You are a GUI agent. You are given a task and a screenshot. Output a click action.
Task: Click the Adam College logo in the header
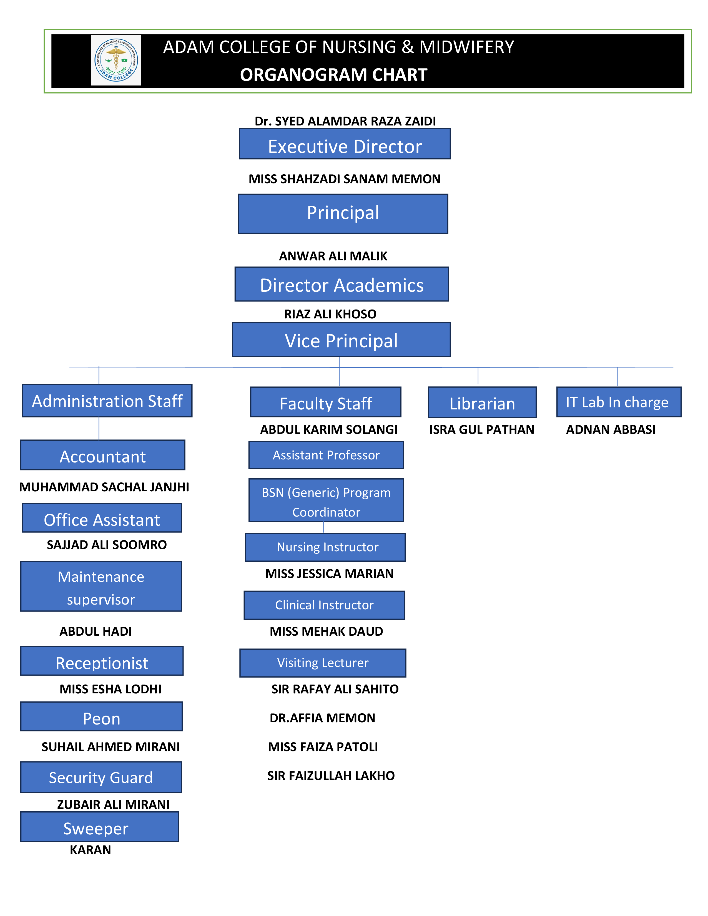pyautogui.click(x=116, y=60)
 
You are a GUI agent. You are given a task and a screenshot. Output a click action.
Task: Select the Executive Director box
pyautogui.click(x=344, y=144)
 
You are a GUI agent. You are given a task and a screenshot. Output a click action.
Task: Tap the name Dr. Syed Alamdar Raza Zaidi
pyautogui.click(x=345, y=121)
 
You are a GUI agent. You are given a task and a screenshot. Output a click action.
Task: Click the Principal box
pyautogui.click(x=343, y=213)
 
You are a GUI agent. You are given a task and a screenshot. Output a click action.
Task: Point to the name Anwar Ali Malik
pyautogui.click(x=333, y=256)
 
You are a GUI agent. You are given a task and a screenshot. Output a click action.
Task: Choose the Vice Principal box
pyautogui.click(x=341, y=340)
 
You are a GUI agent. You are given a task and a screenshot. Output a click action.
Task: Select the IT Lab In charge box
pyautogui.click(x=618, y=402)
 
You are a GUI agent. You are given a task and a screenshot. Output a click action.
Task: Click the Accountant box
pyautogui.click(x=103, y=455)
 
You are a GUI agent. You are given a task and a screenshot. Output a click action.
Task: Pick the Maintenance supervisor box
pyautogui.click(x=101, y=586)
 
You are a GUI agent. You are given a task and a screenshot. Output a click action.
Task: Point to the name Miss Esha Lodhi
pyautogui.click(x=110, y=689)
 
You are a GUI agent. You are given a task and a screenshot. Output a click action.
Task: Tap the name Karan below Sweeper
pyautogui.click(x=90, y=850)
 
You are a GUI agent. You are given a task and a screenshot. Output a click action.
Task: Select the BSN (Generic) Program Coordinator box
pyautogui.click(x=326, y=500)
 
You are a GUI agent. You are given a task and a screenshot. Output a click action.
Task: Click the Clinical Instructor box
pyautogui.click(x=324, y=605)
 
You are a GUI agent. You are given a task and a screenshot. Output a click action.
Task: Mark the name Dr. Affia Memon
pyautogui.click(x=322, y=718)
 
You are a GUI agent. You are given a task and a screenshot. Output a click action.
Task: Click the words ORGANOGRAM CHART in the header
pyautogui.click(x=333, y=75)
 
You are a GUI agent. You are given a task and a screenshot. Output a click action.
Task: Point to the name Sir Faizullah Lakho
pyautogui.click(x=331, y=776)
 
